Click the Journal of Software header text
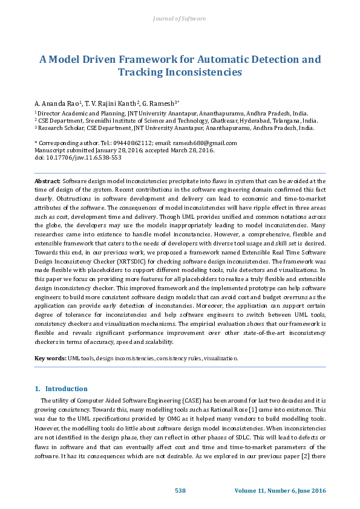click(x=180, y=19)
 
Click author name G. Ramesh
click(x=160, y=103)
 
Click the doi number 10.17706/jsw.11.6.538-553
click(x=75, y=157)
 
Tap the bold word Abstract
click(x=47, y=181)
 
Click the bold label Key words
click(x=50, y=358)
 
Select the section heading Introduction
click(x=67, y=389)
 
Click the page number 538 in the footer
click(x=180, y=491)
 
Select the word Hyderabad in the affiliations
click(x=244, y=120)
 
